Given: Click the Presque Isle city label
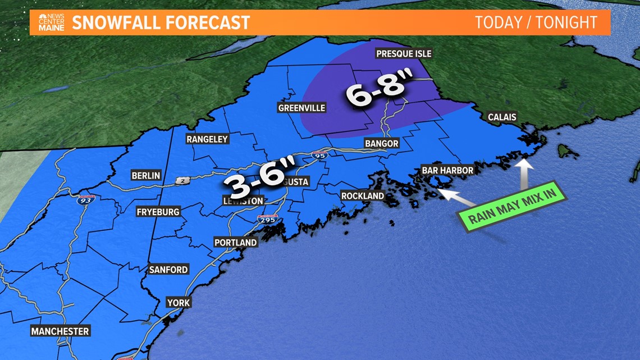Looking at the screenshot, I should tap(403, 54).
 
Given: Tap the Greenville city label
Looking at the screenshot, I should tap(301, 108).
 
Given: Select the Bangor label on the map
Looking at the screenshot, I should tap(381, 143).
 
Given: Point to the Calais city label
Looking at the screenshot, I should tap(501, 117).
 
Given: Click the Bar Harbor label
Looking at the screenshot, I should tap(447, 170).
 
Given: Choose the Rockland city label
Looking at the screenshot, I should tap(363, 196).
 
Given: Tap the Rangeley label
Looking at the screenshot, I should tap(207, 139).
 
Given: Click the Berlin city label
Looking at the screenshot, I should tap(145, 176).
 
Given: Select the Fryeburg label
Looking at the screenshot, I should tap(158, 212).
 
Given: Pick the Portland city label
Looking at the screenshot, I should tap(235, 243).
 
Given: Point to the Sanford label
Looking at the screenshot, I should tap(168, 270).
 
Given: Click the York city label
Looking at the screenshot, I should tap(179, 303).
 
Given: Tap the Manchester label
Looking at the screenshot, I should tap(60, 331).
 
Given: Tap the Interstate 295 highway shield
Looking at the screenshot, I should tap(268, 220).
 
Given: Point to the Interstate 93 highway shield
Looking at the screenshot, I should tap(86, 199).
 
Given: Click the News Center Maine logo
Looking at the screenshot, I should tap(51, 22).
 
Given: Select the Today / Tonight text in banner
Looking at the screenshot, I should tap(536, 22).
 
